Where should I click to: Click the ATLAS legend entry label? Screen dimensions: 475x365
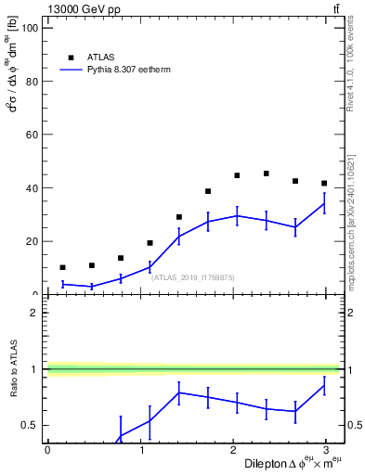point(102,56)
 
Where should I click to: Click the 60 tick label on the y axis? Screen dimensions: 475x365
point(30,135)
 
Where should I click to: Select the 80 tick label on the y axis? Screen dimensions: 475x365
point(30,81)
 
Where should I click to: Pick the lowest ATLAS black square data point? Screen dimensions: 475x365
point(62,267)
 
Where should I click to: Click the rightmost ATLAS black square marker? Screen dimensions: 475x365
point(324,183)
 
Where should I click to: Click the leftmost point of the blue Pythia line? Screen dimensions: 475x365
point(62,284)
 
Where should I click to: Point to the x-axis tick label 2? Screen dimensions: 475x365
point(233,450)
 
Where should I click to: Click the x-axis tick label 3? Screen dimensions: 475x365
point(327,450)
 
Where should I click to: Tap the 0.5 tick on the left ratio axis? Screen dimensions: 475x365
point(30,426)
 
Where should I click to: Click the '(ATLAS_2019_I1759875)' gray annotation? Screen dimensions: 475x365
point(193,276)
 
